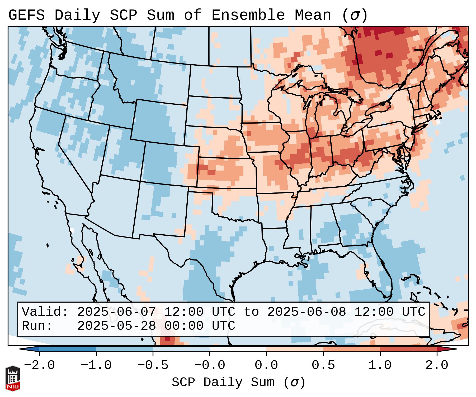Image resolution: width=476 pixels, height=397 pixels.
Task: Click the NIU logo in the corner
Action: tap(13, 378)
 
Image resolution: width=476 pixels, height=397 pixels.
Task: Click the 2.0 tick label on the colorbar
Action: tap(437, 365)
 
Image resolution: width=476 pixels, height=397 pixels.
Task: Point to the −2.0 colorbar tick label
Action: tap(39, 365)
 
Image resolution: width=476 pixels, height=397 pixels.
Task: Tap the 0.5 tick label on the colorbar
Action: tap(323, 365)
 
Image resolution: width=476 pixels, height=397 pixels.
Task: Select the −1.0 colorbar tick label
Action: tap(96, 365)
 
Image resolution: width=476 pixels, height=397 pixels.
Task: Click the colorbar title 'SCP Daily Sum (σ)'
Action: tap(238, 383)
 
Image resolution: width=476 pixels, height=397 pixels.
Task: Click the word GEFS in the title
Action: tap(26, 15)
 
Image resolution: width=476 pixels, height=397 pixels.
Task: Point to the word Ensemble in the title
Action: tap(248, 15)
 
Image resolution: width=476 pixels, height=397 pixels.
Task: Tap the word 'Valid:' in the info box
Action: tap(45, 312)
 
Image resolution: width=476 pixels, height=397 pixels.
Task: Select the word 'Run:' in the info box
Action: tap(37, 326)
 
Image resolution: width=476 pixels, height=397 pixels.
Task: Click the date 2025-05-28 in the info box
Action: tap(116, 326)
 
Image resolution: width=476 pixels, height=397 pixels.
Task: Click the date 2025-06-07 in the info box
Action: tap(116, 312)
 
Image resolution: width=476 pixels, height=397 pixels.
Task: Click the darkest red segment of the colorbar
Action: tap(408, 349)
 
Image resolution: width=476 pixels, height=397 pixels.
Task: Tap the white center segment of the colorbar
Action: tap(238, 349)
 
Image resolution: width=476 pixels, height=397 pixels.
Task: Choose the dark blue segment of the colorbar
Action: tap(68, 349)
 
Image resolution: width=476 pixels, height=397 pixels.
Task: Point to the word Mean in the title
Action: tap(313, 15)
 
